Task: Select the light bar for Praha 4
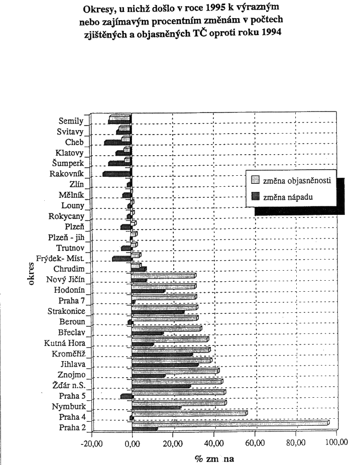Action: click(190, 413)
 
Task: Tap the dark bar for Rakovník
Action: click(117, 174)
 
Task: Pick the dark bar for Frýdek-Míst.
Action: click(122, 259)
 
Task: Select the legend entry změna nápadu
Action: click(289, 197)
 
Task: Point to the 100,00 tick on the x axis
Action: click(336, 442)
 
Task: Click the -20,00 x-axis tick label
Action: click(91, 442)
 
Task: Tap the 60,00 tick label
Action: click(255, 442)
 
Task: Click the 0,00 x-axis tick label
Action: click(132, 442)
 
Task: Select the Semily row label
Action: click(70, 121)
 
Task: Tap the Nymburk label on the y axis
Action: click(68, 407)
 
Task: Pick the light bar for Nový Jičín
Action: click(164, 276)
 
